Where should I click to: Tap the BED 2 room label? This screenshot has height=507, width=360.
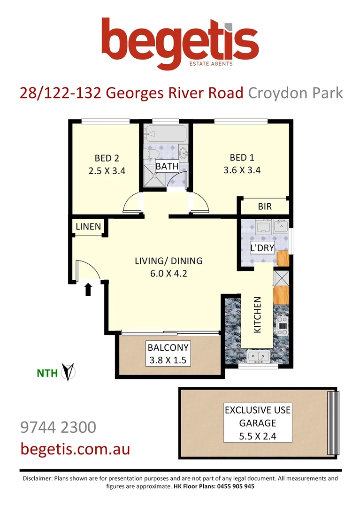tap(107, 158)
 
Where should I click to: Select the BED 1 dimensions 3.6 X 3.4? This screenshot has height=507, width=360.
tap(242, 170)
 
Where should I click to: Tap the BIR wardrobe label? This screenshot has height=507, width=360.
tap(265, 207)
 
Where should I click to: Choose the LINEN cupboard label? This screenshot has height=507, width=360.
tap(88, 227)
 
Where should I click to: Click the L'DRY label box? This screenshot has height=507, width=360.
tap(262, 248)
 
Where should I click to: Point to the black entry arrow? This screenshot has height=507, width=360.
tap(88, 289)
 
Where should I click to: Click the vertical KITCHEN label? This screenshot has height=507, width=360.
tap(257, 315)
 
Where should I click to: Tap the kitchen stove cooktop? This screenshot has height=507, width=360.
tap(282, 323)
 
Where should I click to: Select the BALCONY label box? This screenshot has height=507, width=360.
tap(168, 354)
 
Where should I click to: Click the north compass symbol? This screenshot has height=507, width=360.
tap(70, 372)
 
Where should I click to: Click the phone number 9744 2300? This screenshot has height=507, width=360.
tap(58, 427)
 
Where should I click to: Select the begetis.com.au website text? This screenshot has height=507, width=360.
tap(75, 449)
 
